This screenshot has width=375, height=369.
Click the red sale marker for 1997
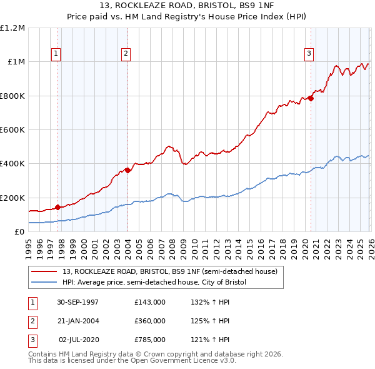[58, 207]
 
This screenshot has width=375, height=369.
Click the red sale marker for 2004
[127, 170]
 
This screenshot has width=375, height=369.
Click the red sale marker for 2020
[310, 98]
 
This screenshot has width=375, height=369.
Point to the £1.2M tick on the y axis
[12, 28]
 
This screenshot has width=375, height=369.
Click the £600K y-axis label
[12, 130]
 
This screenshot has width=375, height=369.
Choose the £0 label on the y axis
[19, 232]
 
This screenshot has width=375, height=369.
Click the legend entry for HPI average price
[154, 282]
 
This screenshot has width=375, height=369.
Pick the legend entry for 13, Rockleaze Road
[173, 271]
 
